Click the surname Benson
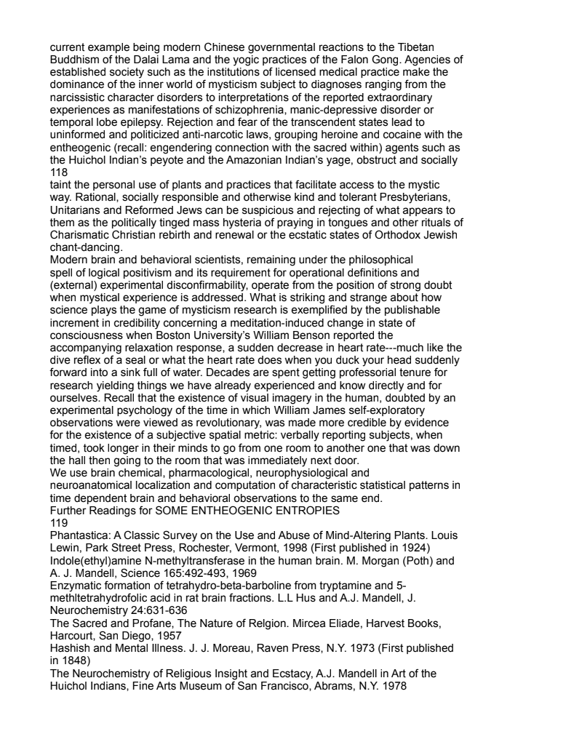[314, 335]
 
